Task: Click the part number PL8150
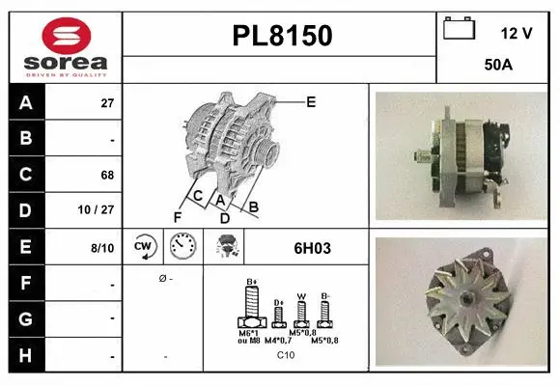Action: pos(282,36)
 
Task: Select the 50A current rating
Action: pos(497,65)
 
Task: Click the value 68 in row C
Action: pos(106,176)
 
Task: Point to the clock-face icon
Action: pos(182,248)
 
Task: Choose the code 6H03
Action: pos(312,248)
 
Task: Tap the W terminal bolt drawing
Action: pos(302,313)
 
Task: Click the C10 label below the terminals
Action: pos(286,355)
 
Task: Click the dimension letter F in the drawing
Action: pos(178,217)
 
